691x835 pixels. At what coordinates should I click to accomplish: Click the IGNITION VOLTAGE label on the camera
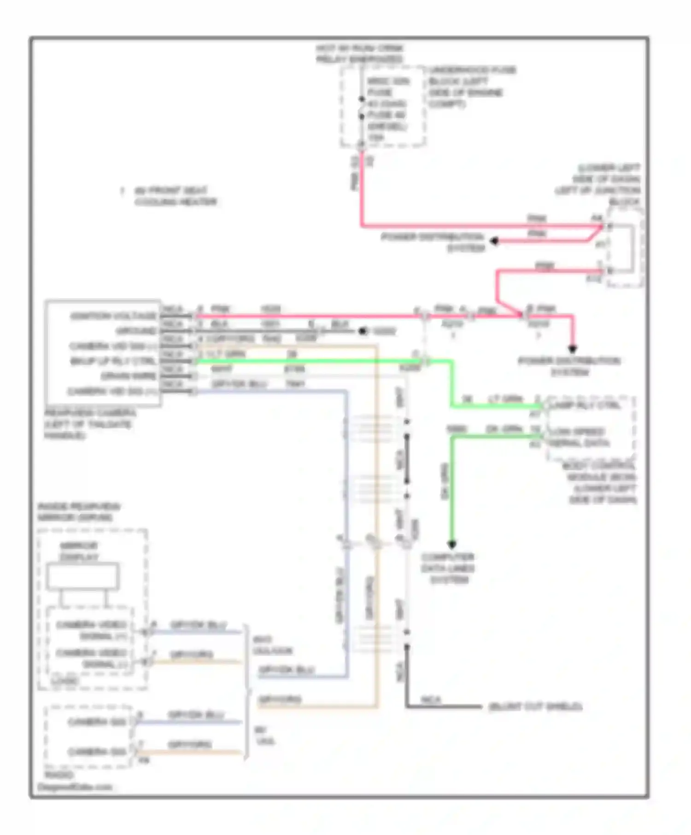point(113,316)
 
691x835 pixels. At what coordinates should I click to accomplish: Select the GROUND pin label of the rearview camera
point(136,331)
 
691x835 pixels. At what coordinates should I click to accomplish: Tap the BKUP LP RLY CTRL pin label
point(113,361)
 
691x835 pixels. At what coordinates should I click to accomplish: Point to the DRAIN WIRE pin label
point(129,376)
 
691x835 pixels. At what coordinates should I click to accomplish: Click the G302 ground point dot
point(363,331)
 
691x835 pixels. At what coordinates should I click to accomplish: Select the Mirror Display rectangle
point(82,577)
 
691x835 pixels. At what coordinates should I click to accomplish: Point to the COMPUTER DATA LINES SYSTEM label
point(448,568)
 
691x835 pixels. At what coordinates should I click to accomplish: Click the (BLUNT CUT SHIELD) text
point(535,706)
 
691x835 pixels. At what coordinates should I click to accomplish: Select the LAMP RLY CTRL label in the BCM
point(585,406)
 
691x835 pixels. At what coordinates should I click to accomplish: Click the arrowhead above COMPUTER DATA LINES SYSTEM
point(452,545)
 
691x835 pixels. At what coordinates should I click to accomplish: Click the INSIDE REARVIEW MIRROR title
point(78,512)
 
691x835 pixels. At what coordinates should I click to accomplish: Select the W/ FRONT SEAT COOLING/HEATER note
point(175,196)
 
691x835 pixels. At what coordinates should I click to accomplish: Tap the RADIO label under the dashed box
point(59,775)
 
